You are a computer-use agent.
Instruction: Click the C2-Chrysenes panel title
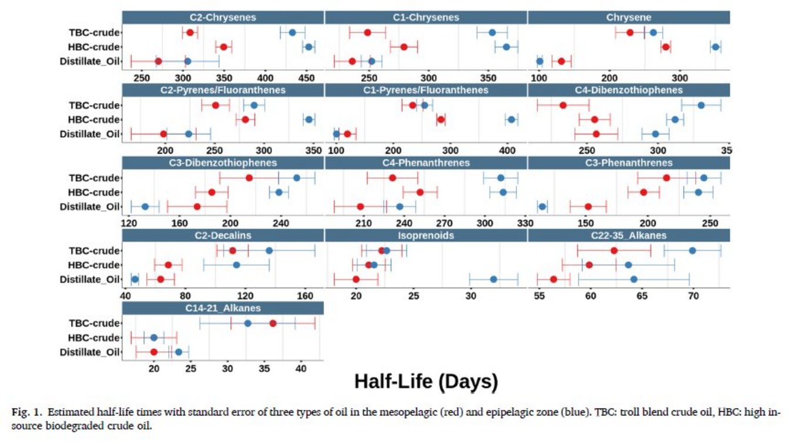[x=223, y=18]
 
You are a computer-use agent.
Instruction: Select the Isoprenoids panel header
[x=426, y=236]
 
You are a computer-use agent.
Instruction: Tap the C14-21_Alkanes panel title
[x=223, y=308]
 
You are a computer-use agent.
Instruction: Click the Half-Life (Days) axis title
[x=426, y=382]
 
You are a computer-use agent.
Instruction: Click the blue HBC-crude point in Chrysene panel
[x=715, y=47]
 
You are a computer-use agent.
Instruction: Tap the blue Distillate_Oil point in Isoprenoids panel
[x=494, y=279]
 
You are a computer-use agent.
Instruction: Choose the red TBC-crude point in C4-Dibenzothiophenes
[x=563, y=105]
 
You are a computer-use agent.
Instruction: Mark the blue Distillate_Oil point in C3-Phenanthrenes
[x=542, y=206]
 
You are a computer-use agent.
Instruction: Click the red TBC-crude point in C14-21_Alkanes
[x=273, y=323]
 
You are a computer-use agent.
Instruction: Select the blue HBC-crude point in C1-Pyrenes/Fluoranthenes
[x=511, y=120]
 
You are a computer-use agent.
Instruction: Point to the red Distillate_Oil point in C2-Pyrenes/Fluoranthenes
[x=163, y=134]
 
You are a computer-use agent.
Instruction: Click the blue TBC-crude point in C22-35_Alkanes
[x=692, y=251]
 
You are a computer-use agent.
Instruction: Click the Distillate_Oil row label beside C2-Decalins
[x=89, y=280]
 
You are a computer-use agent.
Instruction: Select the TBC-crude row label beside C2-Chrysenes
[x=94, y=33]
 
